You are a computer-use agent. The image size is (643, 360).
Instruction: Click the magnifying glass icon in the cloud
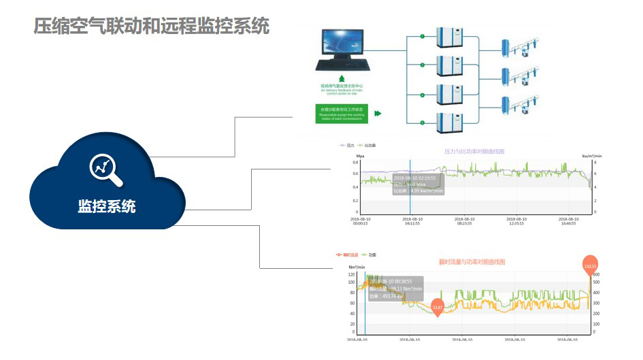107,169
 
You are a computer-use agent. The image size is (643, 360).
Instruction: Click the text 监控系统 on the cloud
107,206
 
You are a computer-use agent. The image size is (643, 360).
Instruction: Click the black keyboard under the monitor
343,66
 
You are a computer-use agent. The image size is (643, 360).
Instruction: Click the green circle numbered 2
422,65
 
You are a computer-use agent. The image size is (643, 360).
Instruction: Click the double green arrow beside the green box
378,114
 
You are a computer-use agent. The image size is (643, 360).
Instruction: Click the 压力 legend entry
347,146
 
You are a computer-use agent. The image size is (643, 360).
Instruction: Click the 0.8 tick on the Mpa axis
355,163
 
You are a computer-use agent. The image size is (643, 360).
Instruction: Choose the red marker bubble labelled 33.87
438,308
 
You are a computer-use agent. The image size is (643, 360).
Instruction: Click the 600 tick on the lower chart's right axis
596,274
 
